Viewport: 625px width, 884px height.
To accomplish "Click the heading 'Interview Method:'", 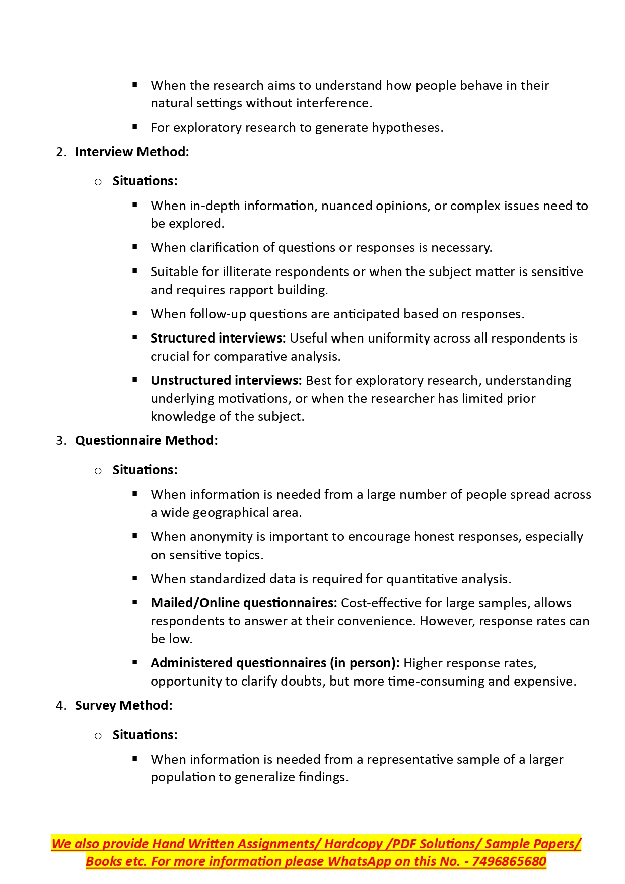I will [132, 152].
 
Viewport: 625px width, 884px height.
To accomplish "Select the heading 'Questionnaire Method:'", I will [146, 440].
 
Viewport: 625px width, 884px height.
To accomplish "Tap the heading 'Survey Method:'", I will [123, 705].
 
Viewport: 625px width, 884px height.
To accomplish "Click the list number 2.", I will [61, 152].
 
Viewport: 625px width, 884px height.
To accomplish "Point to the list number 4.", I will [61, 706].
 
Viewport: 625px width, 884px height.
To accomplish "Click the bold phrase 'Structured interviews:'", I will [218, 338].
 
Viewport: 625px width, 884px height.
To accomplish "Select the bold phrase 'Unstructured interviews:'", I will [226, 380].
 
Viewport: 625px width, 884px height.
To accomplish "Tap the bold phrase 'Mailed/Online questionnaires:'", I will [244, 603].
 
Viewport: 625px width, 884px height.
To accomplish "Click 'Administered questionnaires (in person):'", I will [275, 663].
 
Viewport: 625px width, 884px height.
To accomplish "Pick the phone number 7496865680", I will [509, 861].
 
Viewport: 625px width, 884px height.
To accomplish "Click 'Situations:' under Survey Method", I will [145, 735].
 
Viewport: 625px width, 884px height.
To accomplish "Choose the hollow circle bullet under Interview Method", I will [98, 182].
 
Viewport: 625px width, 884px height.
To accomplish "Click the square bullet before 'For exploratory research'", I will [135, 127].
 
